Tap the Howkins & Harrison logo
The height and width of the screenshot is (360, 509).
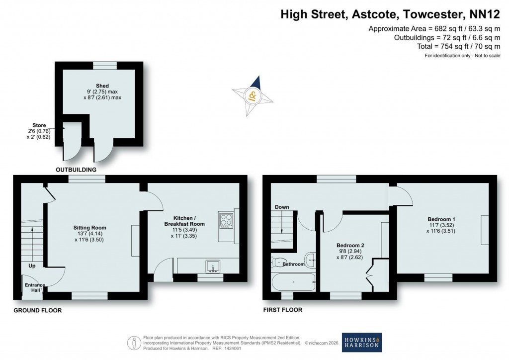point(362,343)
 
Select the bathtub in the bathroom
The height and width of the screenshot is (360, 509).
point(293,282)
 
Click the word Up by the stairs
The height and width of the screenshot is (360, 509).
point(32,266)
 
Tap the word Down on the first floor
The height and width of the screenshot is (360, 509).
point(281,207)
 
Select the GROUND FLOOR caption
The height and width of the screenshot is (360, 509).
point(38,310)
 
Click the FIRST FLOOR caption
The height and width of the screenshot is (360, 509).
point(282,310)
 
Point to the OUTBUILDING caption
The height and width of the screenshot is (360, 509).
point(75,170)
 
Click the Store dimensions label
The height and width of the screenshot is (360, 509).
point(39,131)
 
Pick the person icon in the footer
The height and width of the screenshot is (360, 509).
point(133,343)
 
